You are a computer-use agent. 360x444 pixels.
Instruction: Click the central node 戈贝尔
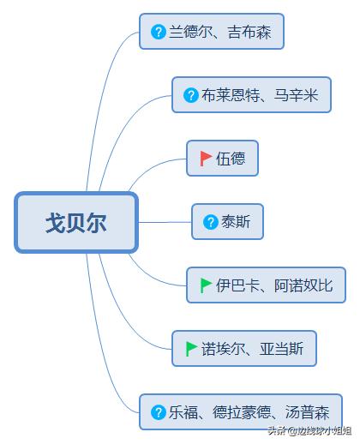[x=76, y=223]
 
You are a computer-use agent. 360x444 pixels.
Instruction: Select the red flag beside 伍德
[x=206, y=159]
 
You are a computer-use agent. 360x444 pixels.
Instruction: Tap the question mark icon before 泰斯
[x=211, y=222]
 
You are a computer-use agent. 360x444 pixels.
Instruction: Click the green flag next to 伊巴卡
[x=206, y=285]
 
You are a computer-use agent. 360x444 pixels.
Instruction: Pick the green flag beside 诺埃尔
[x=191, y=349]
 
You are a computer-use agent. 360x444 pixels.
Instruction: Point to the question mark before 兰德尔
[x=159, y=32]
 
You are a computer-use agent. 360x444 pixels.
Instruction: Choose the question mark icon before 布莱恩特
[x=191, y=95]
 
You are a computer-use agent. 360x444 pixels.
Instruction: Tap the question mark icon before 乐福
[x=159, y=412]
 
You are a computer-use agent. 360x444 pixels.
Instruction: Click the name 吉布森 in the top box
[x=249, y=32]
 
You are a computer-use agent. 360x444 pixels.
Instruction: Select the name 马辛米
[x=296, y=95]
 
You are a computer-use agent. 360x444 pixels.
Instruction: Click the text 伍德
[x=231, y=159]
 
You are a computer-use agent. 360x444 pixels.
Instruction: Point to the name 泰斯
[x=236, y=222]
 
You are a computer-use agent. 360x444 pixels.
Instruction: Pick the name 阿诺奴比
[x=303, y=285]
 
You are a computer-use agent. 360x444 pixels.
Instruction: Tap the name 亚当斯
[x=281, y=349]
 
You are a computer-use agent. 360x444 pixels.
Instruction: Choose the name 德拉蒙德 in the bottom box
[x=242, y=412]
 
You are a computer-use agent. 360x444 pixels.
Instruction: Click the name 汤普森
[x=307, y=412]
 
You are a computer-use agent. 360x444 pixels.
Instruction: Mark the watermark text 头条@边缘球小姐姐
[x=309, y=430]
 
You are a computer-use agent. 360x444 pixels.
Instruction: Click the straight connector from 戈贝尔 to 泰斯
[x=165, y=222]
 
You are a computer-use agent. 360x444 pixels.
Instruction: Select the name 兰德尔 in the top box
[x=191, y=32]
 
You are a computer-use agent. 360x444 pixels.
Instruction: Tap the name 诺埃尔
[x=223, y=349]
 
